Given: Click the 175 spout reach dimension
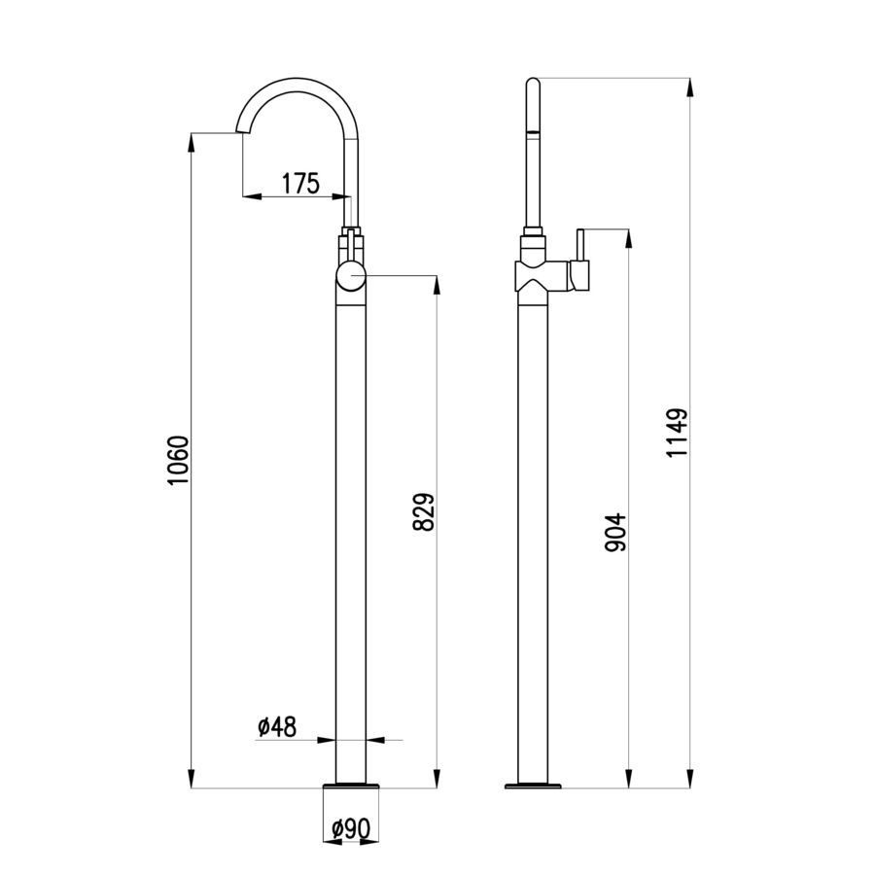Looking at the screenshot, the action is (x=300, y=183).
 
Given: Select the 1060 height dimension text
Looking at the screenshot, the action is (x=179, y=461).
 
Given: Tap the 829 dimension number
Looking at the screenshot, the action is (x=424, y=511).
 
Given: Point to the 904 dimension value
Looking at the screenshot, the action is (x=616, y=533).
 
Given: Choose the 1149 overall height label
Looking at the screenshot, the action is (x=678, y=433).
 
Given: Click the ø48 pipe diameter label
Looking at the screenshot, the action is (x=277, y=726).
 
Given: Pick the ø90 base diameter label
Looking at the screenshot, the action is (x=351, y=829).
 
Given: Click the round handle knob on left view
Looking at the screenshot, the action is (x=351, y=277).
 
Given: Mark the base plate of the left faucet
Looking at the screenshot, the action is (x=351, y=786).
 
